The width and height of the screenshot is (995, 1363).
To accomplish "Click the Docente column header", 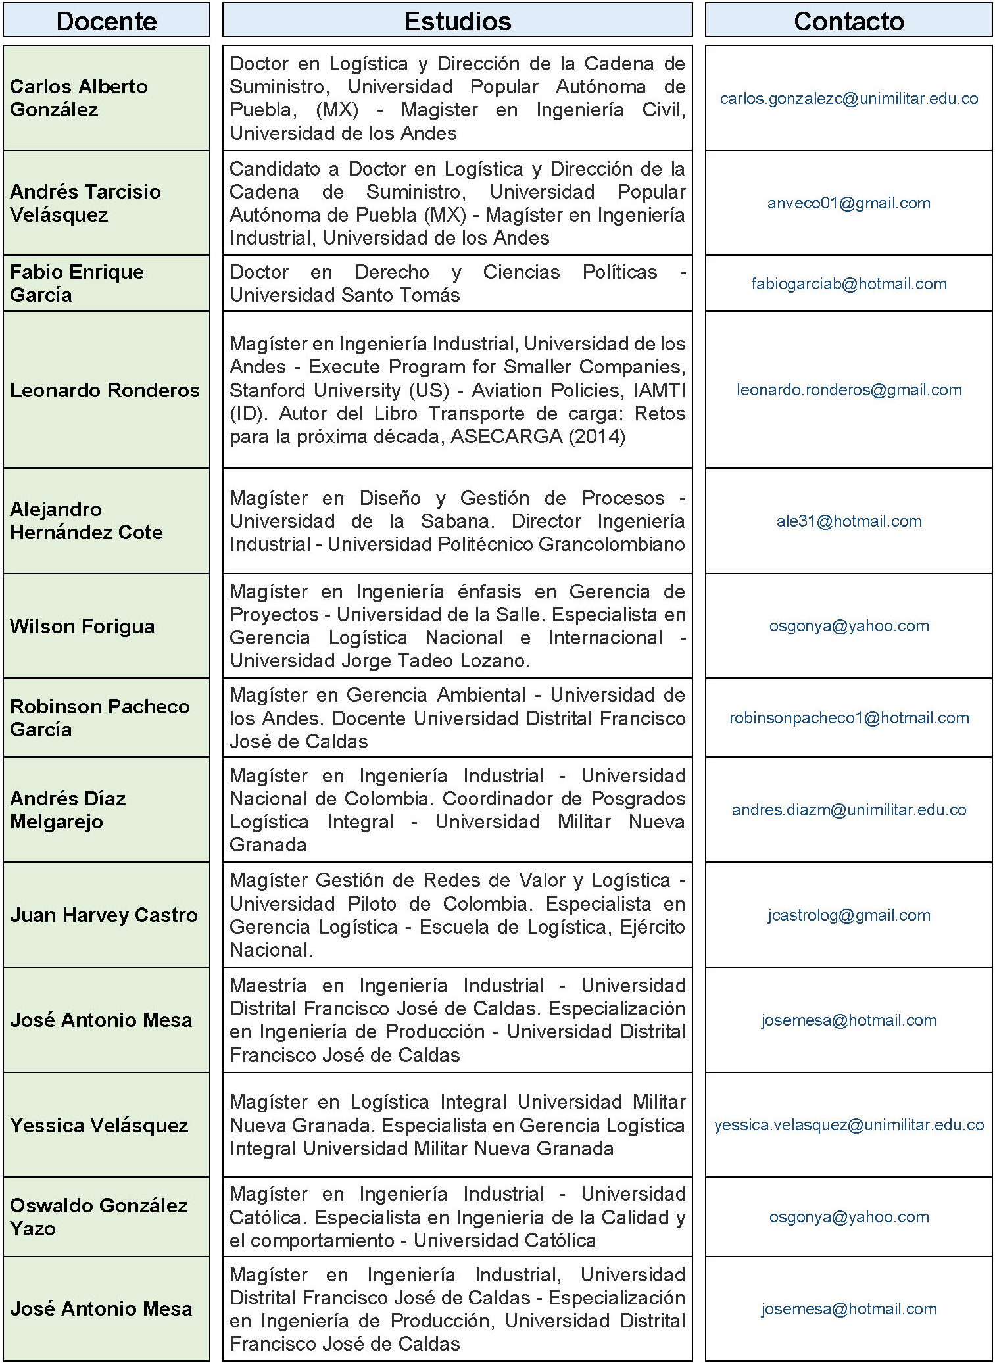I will pos(107,21).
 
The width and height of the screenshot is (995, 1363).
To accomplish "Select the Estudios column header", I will pos(457,21).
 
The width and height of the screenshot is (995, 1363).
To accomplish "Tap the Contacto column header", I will pos(848,21).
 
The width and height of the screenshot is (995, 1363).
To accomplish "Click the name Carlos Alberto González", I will pos(79,98).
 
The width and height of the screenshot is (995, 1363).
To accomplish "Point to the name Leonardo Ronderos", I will pos(105,390).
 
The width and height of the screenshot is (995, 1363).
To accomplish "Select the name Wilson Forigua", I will pos(82,626).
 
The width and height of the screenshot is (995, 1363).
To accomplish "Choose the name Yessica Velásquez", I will pos(99,1125).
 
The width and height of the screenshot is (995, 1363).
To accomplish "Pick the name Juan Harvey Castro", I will pos(103,915).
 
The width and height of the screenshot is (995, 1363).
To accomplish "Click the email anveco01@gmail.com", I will pos(848,203).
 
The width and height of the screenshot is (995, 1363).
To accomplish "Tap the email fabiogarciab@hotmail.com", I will pos(848,284).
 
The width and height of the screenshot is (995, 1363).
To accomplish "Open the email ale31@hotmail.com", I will pos(848,521).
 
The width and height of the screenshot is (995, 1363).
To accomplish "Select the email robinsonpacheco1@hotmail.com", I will pos(848,718).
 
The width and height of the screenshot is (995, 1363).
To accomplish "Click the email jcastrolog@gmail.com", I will pos(848,915).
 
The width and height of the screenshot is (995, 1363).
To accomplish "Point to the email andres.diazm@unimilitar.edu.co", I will pos(848,810).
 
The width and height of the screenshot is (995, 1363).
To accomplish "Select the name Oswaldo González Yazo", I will pos(99,1217).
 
